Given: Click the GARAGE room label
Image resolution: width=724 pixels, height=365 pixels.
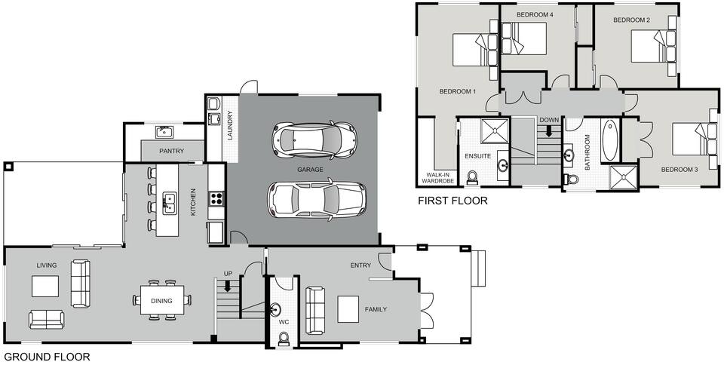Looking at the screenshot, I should point(310,170).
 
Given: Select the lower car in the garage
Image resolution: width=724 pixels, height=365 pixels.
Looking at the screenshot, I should point(316,198).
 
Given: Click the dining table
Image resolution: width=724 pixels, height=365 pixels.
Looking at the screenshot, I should point(162,299).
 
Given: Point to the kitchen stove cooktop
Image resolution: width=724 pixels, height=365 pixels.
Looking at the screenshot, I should point(216,199).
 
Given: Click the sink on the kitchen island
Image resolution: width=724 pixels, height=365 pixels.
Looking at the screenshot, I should point(170,201).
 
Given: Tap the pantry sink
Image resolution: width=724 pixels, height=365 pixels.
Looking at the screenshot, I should point(165,133).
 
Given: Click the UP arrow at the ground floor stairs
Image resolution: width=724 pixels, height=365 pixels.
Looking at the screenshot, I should point(227,287).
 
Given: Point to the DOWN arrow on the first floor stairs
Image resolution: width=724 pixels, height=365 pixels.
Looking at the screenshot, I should point(549,130).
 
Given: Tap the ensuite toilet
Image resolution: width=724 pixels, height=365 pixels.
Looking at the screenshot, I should point(473,177).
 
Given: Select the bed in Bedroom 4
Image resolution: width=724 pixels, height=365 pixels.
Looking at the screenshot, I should point(526,38).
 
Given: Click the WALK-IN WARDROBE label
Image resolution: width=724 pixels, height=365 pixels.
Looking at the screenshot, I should point(437,178).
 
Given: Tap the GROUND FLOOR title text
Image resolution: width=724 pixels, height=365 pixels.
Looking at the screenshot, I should point(47,357).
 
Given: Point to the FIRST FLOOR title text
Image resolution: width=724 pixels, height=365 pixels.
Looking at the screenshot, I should point(452,201).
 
